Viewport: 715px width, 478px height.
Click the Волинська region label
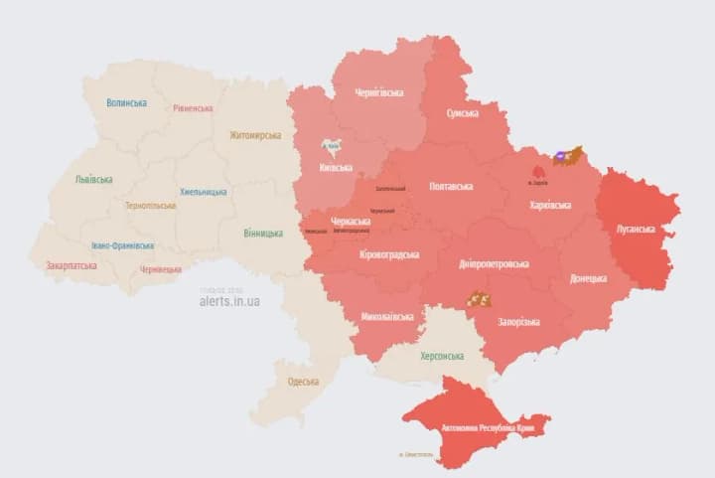point(126,102)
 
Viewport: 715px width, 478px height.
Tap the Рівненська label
point(193,108)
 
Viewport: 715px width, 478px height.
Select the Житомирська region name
point(255,135)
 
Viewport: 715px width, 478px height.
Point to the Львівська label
point(93,180)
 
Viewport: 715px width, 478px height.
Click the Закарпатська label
point(71,266)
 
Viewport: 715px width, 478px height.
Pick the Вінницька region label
point(262,235)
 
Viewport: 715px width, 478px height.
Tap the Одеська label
point(303,382)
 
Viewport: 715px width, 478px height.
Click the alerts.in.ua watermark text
point(229,300)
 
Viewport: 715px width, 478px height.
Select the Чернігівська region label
point(379,93)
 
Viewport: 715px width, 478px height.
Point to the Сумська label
point(462,113)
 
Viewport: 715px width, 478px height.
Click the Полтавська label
point(450,186)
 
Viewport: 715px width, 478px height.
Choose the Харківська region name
point(549,205)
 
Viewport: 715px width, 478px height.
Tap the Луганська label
point(636,229)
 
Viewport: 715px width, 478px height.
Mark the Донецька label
point(588,279)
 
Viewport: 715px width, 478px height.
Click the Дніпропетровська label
point(494,264)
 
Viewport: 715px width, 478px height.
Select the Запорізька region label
point(517,322)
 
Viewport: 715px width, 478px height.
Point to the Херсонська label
point(441,356)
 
